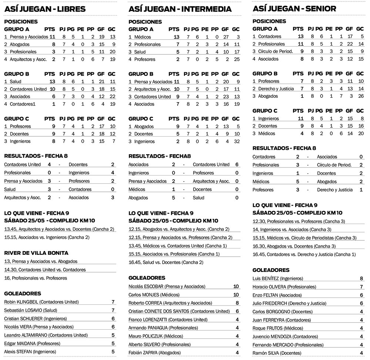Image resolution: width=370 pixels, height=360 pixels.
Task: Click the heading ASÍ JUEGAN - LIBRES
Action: (x=45, y=9)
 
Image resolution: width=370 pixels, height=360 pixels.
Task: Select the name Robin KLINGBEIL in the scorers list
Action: (x=21, y=302)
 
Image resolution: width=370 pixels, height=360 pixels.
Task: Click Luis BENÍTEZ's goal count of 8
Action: (x=361, y=279)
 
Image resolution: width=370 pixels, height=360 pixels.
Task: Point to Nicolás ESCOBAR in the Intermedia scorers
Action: (x=146, y=286)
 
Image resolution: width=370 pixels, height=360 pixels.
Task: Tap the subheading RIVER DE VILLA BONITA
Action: (x=36, y=253)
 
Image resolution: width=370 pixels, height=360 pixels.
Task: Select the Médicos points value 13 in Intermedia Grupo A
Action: (x=176, y=37)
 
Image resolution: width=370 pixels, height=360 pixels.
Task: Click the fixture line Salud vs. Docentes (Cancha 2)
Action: (x=166, y=262)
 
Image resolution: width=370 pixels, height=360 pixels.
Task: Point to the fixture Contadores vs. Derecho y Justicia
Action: (x=304, y=254)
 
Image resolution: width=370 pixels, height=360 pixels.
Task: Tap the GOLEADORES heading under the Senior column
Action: (x=271, y=270)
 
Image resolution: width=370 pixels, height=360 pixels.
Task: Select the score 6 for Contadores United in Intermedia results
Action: (x=236, y=164)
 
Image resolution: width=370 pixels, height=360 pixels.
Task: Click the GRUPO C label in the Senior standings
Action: (x=265, y=111)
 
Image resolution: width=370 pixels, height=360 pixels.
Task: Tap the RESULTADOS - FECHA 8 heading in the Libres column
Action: (x=36, y=156)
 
